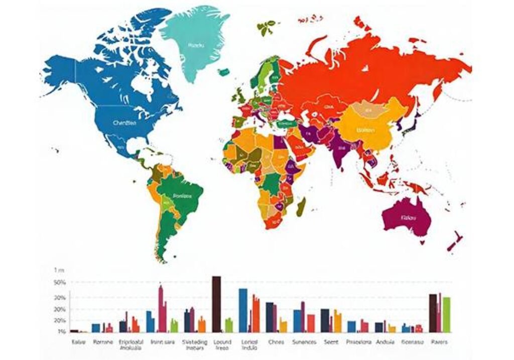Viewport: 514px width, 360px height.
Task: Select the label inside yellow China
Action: [x=366, y=130]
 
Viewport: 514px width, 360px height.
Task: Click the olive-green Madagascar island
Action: [x=301, y=207]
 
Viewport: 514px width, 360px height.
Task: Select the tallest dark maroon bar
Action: [x=216, y=304]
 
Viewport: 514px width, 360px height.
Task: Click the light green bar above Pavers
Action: [x=446, y=314]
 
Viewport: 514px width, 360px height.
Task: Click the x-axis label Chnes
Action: [x=276, y=342]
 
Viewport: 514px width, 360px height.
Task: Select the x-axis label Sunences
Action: [x=304, y=342]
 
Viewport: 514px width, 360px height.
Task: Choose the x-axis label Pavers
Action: [x=439, y=342]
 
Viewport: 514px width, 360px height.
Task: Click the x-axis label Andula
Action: [x=385, y=342]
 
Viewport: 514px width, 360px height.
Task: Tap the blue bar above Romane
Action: [x=95, y=327]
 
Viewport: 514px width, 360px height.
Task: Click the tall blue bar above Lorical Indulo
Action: [x=243, y=310]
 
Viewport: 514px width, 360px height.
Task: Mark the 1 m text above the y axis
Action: [x=59, y=270]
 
